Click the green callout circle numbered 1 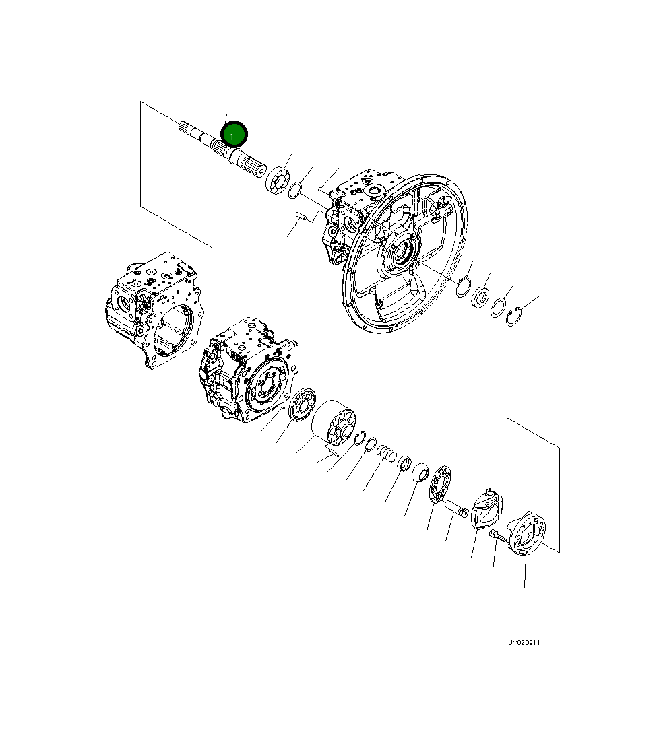click(234, 134)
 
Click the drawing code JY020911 click(524, 643)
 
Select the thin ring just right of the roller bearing click(295, 191)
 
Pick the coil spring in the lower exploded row click(386, 453)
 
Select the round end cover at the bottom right click(528, 534)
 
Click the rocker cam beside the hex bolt click(486, 507)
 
